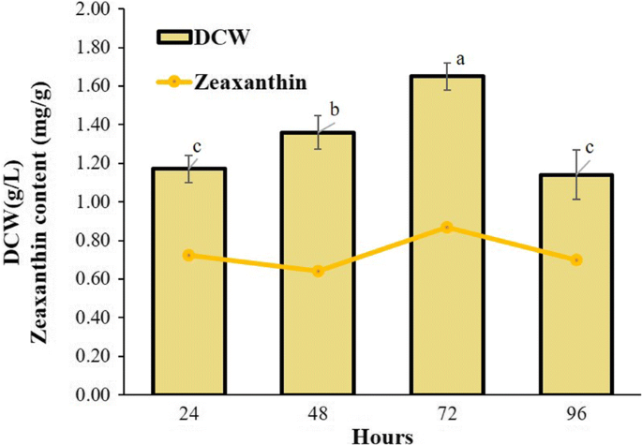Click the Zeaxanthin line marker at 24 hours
[189, 255]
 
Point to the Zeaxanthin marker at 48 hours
[319, 271]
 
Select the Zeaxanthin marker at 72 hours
[448, 227]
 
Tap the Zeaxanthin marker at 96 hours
[576, 260]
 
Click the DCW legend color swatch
[172, 37]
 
